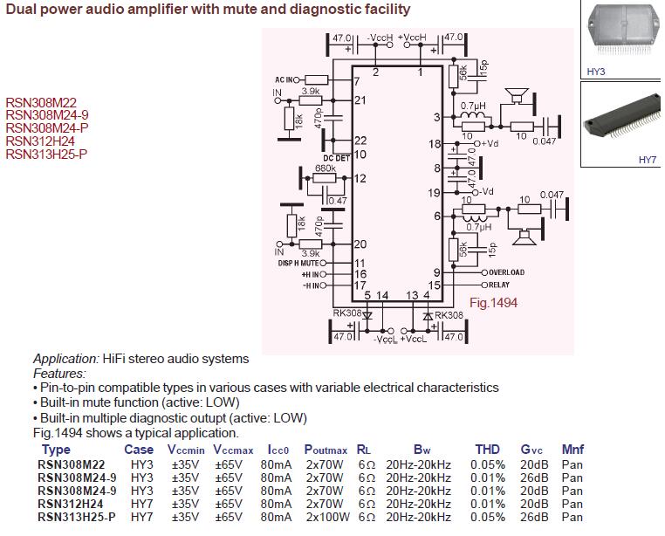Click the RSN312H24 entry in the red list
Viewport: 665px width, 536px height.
click(40, 141)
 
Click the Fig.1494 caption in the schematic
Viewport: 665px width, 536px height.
click(493, 303)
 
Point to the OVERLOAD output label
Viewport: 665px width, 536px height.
click(506, 272)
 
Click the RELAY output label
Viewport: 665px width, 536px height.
click(499, 285)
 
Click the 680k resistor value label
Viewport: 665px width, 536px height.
click(325, 168)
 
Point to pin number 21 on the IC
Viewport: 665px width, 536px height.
click(360, 100)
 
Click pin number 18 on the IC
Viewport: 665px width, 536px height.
click(435, 144)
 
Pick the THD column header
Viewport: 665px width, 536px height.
click(487, 450)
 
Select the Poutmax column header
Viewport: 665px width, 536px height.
click(326, 450)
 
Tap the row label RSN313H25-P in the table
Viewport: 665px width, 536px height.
click(77, 517)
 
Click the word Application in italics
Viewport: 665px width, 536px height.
click(65, 359)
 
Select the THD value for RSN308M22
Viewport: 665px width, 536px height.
click(487, 464)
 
